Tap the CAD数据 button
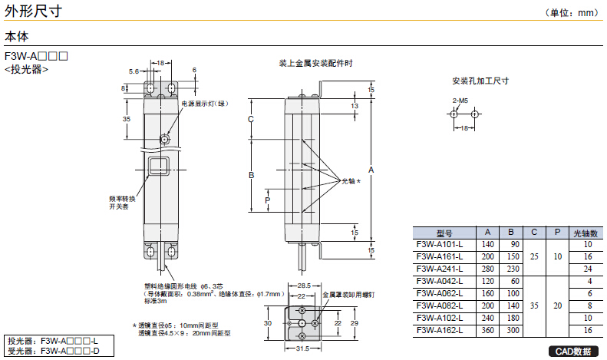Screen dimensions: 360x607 coord(573,352)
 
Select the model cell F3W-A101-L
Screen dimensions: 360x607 coord(440,244)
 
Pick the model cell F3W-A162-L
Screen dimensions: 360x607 coord(440,330)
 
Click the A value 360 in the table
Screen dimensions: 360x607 coord(487,330)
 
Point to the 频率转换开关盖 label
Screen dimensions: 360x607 coord(122,203)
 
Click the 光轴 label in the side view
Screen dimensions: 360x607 coord(349,180)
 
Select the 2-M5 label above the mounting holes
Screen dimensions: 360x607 coord(460,101)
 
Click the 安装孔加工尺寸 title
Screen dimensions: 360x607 coord(481,80)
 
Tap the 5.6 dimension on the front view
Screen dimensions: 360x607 coord(134,71)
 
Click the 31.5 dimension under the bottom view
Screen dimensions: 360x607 coord(302,349)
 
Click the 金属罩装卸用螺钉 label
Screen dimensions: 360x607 coord(350,294)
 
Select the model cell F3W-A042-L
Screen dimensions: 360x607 coord(440,281)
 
